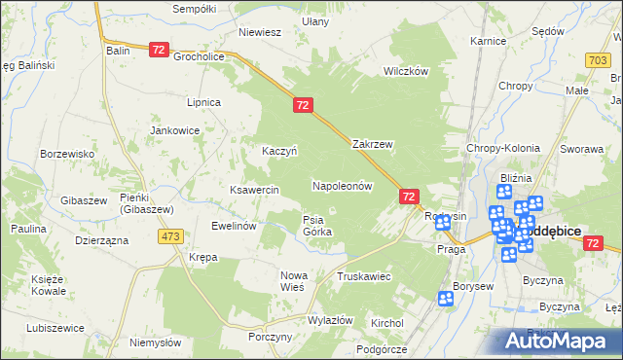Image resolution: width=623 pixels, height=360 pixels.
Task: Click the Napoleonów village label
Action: point(343,185)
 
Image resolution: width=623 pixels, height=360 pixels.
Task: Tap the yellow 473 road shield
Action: point(172,236)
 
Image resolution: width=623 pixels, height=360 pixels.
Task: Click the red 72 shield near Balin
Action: point(160,49)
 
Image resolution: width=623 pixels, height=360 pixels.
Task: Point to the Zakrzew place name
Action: point(372,144)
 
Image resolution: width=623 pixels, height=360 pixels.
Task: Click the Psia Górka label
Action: point(317,226)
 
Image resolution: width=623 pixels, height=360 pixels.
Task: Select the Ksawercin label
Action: point(254,190)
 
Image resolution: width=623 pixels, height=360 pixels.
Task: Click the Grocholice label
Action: point(199,56)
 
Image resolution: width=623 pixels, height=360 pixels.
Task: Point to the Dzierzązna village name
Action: point(101,239)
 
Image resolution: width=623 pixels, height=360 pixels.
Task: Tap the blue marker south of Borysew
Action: point(446,300)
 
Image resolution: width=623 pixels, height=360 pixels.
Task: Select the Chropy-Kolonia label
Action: point(503,148)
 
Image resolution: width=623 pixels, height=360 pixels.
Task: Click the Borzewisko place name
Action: point(66,154)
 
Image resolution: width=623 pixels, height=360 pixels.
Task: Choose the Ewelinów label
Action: point(234,226)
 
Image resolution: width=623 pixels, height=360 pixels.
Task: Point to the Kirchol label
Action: point(387,321)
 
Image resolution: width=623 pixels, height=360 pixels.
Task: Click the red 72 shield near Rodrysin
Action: point(409,197)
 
